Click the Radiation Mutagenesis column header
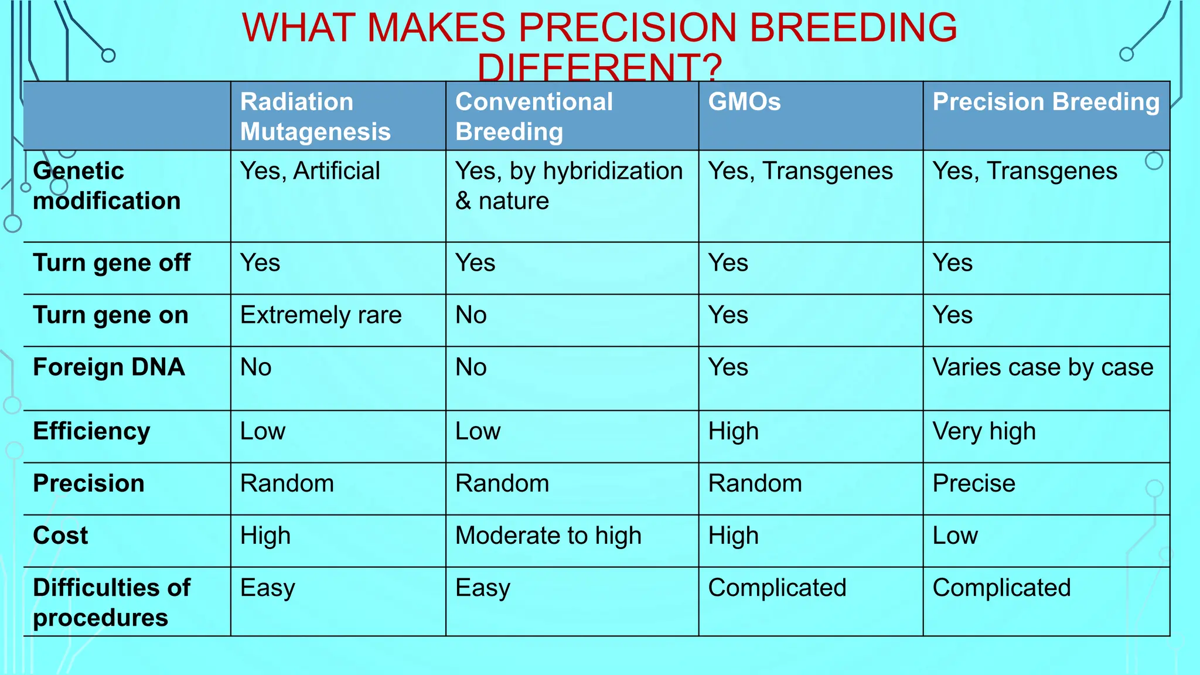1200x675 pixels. tap(315, 117)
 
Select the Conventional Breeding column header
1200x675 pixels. tap(534, 117)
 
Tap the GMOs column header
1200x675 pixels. tap(744, 102)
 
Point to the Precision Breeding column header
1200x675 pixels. tap(1045, 102)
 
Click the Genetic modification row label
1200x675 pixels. tap(107, 186)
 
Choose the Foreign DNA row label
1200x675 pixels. tap(109, 367)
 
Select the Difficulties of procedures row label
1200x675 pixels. tap(111, 602)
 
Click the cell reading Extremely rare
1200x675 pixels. tap(321, 315)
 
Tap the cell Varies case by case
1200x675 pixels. tap(1042, 367)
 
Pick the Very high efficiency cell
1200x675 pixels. tap(984, 431)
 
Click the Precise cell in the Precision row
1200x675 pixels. tap(973, 483)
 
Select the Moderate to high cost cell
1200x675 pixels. tap(548, 536)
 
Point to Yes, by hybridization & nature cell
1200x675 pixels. tap(568, 186)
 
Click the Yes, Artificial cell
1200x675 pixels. tap(310, 171)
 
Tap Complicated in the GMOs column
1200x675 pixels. tap(777, 588)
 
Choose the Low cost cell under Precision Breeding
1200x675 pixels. tap(954, 536)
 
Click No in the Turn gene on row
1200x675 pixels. tap(471, 315)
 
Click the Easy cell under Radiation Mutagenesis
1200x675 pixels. tap(268, 588)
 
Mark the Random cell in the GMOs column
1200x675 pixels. tap(755, 483)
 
